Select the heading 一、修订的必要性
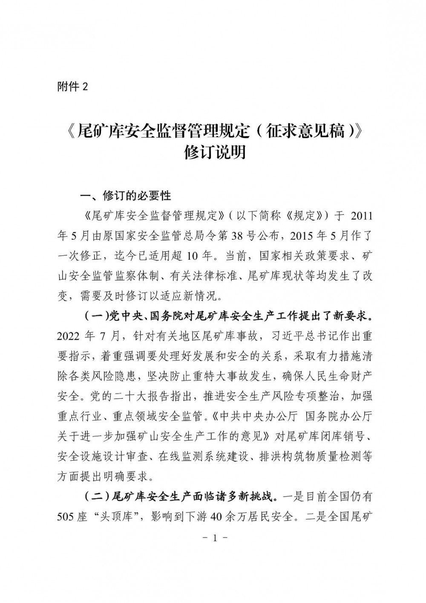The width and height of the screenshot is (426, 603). coord(126,196)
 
